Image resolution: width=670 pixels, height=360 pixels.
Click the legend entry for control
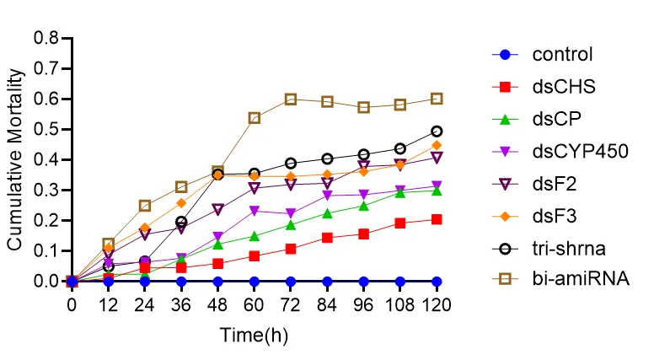pyautogui.click(x=562, y=56)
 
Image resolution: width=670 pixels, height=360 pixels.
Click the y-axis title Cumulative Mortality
pyautogui.click(x=14, y=159)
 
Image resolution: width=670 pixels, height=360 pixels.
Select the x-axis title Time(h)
pyautogui.click(x=254, y=335)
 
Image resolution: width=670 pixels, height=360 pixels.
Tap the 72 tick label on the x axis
pyautogui.click(x=291, y=301)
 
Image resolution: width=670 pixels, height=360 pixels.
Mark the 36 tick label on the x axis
pyautogui.click(x=181, y=301)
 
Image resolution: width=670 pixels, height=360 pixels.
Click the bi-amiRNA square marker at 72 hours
pyautogui.click(x=291, y=99)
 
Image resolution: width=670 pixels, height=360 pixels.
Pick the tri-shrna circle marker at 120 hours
pyautogui.click(x=437, y=132)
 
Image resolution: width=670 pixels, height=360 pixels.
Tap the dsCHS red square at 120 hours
pyautogui.click(x=437, y=219)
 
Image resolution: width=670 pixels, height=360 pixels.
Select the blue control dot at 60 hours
pyautogui.click(x=255, y=281)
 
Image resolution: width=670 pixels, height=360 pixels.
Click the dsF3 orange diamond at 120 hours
pyautogui.click(x=437, y=145)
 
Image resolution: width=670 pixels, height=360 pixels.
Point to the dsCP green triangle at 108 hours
pyautogui.click(x=400, y=193)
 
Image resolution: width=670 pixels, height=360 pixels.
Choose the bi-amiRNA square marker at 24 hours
pyautogui.click(x=145, y=206)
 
